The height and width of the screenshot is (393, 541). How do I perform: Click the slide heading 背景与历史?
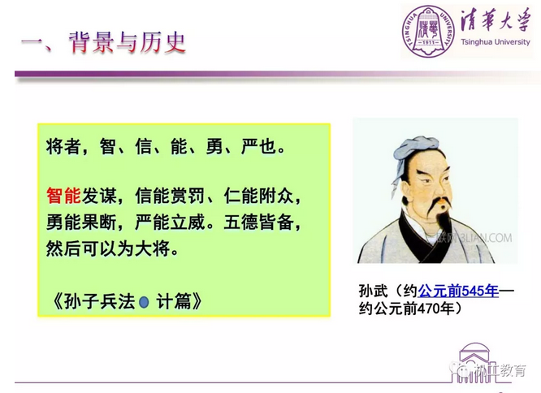point(127,43)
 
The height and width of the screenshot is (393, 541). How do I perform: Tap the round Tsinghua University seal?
point(428,32)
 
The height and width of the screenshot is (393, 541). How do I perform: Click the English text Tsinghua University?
point(496,42)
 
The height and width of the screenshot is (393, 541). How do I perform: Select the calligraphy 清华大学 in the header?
point(496,20)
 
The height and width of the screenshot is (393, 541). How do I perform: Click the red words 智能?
point(63,196)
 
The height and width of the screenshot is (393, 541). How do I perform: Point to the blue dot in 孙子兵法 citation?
point(144,302)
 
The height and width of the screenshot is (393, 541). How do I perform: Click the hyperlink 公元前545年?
point(458,292)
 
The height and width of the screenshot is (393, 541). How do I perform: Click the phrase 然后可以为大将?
point(108,248)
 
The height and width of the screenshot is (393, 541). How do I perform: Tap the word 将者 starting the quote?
point(63,146)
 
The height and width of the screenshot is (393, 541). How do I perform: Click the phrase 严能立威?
point(171,222)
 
